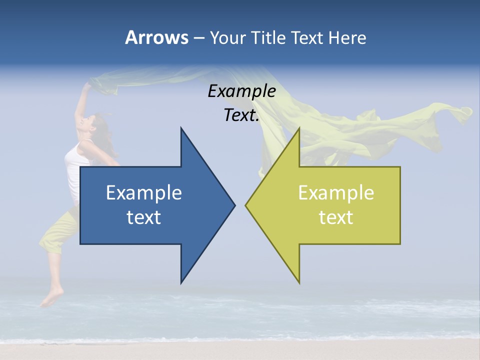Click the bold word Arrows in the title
tap(156, 37)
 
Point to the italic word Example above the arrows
tap(241, 91)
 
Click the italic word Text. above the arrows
tap(241, 115)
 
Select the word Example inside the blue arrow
tap(144, 192)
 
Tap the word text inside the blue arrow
tap(144, 217)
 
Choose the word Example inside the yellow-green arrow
tap(336, 192)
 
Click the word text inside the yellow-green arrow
tap(336, 217)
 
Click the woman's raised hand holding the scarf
tap(87, 86)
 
